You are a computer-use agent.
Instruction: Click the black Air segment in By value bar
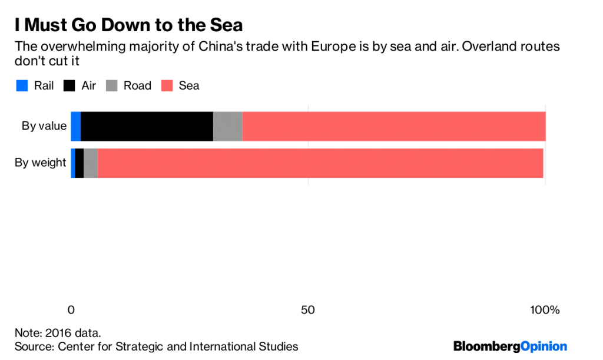[147, 125]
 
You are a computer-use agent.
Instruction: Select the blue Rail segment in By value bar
[75, 125]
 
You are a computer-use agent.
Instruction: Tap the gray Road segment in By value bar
[227, 125]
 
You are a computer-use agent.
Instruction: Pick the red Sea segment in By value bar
[393, 125]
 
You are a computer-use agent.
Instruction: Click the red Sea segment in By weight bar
[320, 163]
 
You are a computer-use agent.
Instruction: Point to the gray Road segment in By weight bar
[91, 163]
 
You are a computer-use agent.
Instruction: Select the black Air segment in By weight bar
[79, 163]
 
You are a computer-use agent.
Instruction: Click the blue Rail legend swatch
[22, 86]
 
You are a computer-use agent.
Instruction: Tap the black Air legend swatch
[69, 86]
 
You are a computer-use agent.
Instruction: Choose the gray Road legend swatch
[112, 86]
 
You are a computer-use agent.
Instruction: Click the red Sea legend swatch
[167, 86]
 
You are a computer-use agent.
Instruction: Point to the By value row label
[44, 125]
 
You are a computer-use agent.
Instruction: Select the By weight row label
[40, 163]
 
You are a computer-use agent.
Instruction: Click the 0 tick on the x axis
[71, 310]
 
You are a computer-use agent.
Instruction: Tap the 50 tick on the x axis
[308, 310]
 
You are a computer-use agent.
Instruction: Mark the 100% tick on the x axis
[545, 310]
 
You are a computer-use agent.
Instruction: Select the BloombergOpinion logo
[509, 346]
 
